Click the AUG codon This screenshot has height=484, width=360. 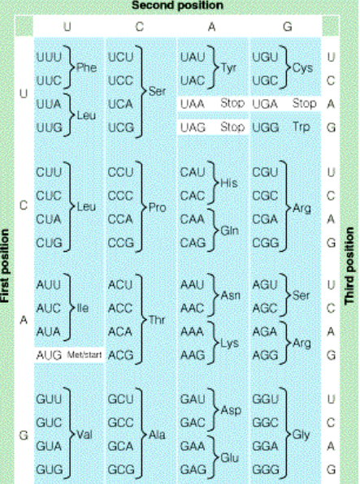[49, 355]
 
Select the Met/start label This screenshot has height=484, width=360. [83, 356]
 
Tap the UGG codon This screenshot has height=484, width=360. [266, 127]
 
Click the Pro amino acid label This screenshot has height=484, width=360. [157, 208]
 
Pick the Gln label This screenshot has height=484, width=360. [229, 231]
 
